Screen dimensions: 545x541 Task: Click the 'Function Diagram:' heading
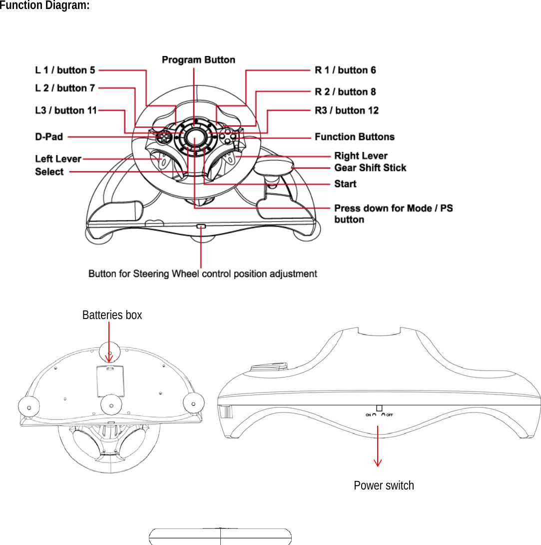[x=45, y=6]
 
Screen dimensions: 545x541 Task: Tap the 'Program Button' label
[x=198, y=60]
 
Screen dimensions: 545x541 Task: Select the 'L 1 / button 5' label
[x=65, y=70]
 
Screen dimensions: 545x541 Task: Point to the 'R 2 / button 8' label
[x=345, y=91]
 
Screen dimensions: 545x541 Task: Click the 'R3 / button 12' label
[x=346, y=110]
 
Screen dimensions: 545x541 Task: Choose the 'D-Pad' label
[x=49, y=136]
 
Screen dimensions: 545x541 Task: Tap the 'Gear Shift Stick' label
[x=370, y=168]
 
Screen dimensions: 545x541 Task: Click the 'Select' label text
[x=49, y=172]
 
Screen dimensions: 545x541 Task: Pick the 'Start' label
[x=345, y=184]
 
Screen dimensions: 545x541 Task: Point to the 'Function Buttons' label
[x=354, y=136]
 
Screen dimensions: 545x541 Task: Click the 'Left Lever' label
[x=58, y=159]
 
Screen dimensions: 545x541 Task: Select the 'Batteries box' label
[x=112, y=315]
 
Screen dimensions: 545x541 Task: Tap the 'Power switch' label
[x=384, y=485]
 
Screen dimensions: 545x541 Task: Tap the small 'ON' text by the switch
[x=368, y=414]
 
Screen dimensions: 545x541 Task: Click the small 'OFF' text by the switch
[x=390, y=414]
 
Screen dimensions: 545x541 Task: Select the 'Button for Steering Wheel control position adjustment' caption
[x=202, y=274]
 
